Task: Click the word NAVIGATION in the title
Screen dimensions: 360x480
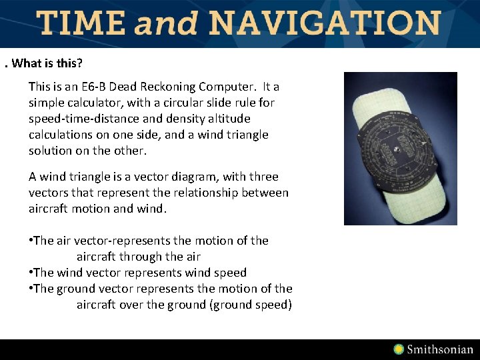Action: coord(325,23)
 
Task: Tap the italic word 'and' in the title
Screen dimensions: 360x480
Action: coord(166,24)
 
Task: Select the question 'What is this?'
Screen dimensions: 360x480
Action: coord(47,63)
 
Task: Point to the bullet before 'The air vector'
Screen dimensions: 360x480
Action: coord(31,241)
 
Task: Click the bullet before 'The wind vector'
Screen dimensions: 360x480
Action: coord(31,273)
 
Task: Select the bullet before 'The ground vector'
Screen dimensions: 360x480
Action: coord(31,289)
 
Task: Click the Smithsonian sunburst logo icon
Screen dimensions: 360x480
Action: coord(399,349)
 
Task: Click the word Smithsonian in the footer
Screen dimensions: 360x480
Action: coord(440,349)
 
